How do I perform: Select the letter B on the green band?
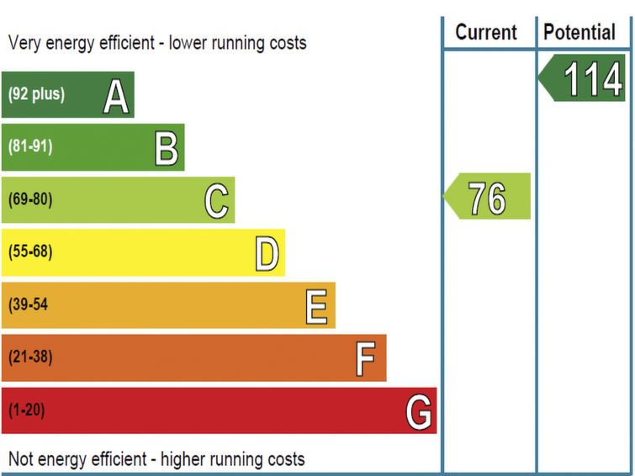pos(167,150)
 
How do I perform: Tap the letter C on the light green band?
pos(217,202)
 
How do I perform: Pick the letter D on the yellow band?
pos(267,254)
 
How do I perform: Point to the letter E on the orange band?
pos(317,307)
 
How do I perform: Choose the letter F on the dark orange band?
pos(365,360)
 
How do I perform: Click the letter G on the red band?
pos(419,412)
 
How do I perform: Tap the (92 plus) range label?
pos(36,94)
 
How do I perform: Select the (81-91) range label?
pos(30,147)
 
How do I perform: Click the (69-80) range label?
pos(30,200)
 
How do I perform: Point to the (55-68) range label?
pos(30,252)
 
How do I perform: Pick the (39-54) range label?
pos(28,305)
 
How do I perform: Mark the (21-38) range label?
pos(30,357)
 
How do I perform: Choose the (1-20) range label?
pos(27,410)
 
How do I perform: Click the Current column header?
pos(486,33)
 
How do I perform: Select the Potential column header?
pos(579,33)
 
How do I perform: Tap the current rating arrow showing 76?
pos(488,198)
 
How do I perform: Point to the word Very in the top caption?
pos(25,42)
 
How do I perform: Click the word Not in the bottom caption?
pos(21,459)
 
